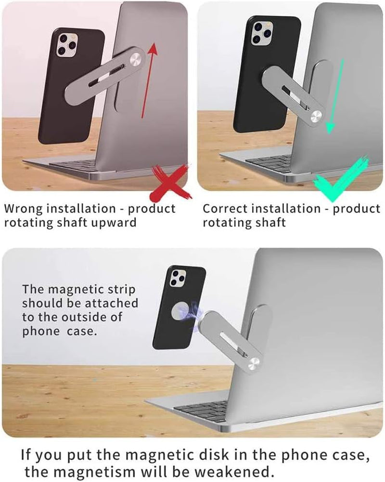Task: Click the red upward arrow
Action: [x=148, y=80]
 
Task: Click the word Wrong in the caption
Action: [x=22, y=209]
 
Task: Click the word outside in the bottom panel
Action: [x=106, y=318]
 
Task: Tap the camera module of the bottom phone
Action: [x=177, y=279]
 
